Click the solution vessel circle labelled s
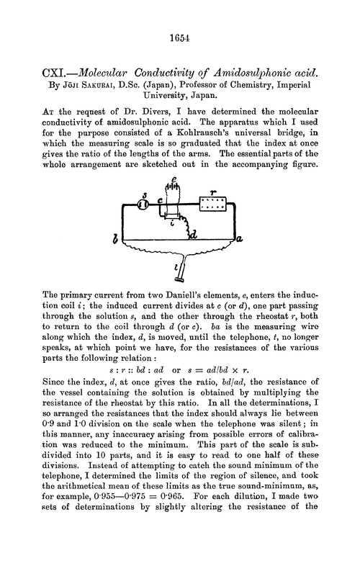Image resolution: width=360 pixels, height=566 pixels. [x=143, y=205]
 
